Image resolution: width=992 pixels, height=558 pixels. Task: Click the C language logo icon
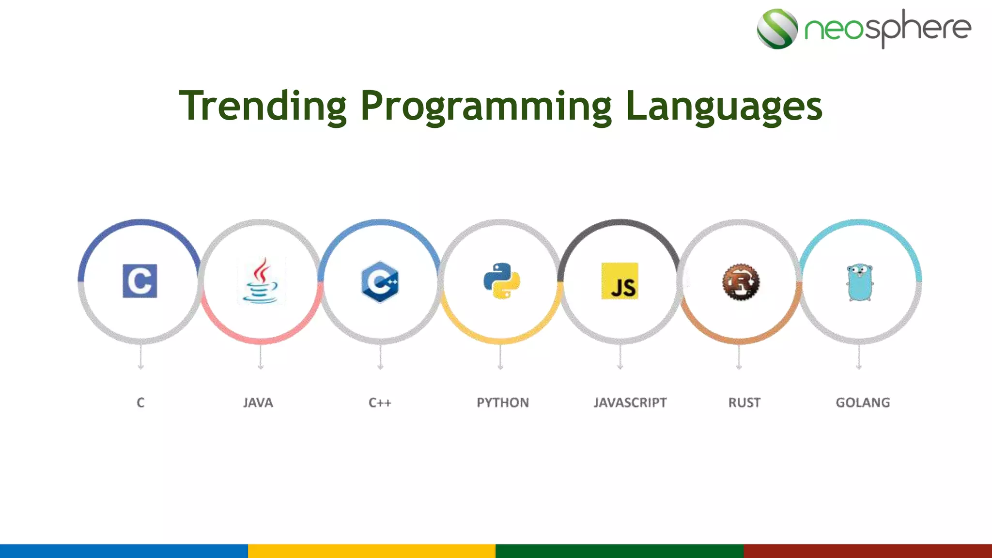click(x=140, y=281)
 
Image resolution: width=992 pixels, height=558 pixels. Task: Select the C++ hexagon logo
click(x=380, y=281)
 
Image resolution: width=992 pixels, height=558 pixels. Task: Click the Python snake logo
click(x=501, y=281)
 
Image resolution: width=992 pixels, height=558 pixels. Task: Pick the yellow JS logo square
click(x=620, y=281)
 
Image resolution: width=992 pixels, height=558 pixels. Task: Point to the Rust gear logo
click(x=741, y=282)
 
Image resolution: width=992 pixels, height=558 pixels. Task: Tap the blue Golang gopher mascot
click(x=860, y=282)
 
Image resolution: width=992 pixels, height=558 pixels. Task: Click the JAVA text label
click(x=258, y=403)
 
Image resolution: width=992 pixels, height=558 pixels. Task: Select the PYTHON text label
click(x=503, y=403)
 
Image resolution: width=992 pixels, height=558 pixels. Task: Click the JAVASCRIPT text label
click(x=630, y=403)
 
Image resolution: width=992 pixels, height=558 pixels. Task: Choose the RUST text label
click(x=744, y=403)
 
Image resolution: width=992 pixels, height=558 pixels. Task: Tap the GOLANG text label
click(x=863, y=403)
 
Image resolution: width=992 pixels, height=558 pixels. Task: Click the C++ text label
click(x=380, y=403)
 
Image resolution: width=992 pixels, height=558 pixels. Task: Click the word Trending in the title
click(x=263, y=106)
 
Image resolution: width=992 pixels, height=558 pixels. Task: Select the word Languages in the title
click(x=724, y=106)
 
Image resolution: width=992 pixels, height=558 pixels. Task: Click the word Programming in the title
click(x=486, y=106)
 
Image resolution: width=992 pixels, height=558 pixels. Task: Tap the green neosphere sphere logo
click(x=777, y=29)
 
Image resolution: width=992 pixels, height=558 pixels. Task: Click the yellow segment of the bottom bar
click(x=372, y=551)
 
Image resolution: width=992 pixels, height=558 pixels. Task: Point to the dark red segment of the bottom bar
click(x=868, y=551)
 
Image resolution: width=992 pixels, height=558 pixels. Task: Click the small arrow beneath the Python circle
click(x=500, y=358)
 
